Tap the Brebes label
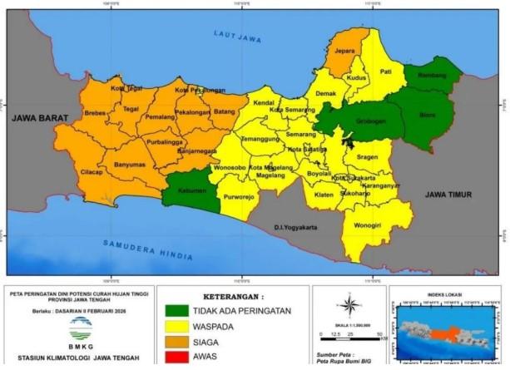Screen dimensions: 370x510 [x=96, y=112]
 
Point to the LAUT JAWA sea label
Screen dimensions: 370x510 [x=237, y=37]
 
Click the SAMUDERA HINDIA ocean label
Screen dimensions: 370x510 [x=148, y=249]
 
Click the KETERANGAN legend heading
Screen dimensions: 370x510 [x=234, y=296]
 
